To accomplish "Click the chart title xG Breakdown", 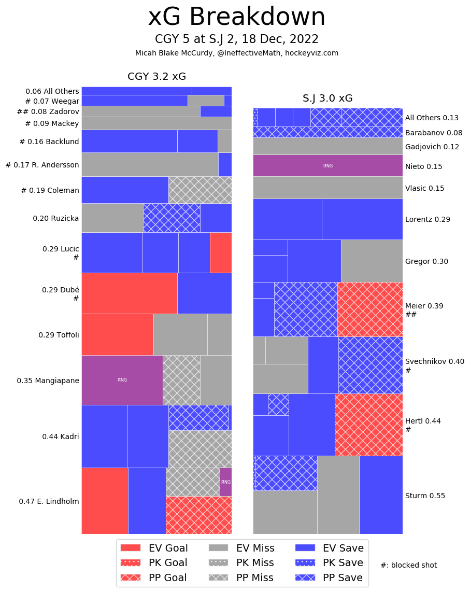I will click(x=236, y=18).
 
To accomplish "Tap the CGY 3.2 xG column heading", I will click(x=156, y=77).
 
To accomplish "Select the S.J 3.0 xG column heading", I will click(x=327, y=98).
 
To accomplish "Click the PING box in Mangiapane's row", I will click(x=122, y=380).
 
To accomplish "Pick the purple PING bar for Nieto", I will click(x=327, y=166).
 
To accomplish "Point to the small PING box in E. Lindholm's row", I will click(x=226, y=482).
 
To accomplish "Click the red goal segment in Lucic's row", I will click(x=221, y=252).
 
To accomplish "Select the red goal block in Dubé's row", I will click(x=130, y=293).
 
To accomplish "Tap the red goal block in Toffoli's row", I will click(x=118, y=334).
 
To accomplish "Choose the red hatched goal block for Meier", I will click(x=370, y=309).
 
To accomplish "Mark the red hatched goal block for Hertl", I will click(x=368, y=424).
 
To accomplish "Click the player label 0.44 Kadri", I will click(x=61, y=436).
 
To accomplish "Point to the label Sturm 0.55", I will click(x=425, y=496).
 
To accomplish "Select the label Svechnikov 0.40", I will click(x=428, y=361).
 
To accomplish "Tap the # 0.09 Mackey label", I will click(x=52, y=123).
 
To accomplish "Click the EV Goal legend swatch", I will click(x=131, y=548).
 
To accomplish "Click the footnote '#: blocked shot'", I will click(x=408, y=565).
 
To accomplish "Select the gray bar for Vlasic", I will click(x=327, y=188).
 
